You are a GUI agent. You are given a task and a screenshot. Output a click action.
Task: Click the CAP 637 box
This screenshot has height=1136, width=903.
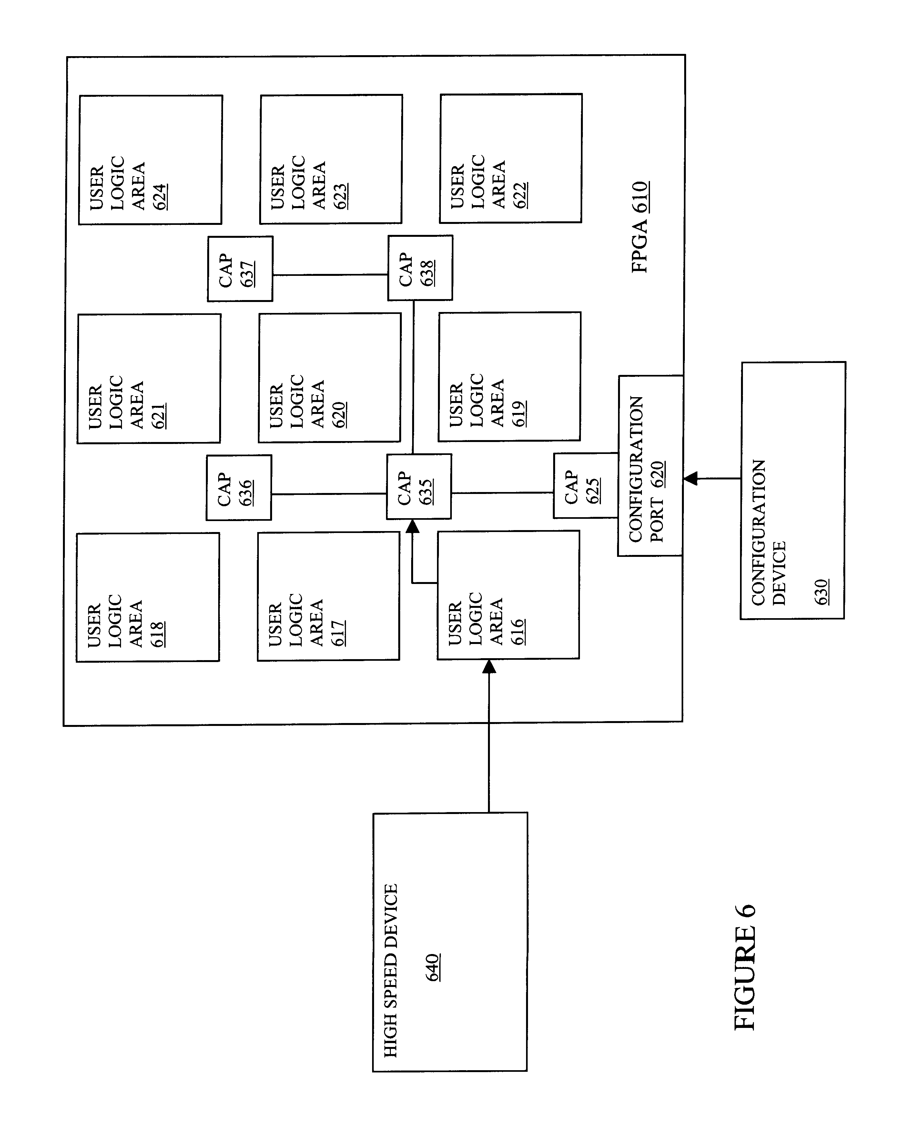(x=240, y=269)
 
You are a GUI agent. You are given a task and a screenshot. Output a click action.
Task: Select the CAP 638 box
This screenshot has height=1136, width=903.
(x=420, y=268)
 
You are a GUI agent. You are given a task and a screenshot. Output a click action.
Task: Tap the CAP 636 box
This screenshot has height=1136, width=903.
(x=239, y=488)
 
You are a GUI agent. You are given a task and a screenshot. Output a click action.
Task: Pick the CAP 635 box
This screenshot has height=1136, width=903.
(x=419, y=486)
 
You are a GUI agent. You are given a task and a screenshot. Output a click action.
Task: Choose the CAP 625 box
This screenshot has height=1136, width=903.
(x=585, y=485)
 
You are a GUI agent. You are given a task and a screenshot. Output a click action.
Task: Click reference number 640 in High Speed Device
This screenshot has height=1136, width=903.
(x=433, y=967)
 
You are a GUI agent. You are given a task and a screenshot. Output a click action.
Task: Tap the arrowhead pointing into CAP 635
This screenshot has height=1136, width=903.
(x=413, y=526)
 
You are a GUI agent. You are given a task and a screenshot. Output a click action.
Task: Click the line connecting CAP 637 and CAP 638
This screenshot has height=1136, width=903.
(x=330, y=275)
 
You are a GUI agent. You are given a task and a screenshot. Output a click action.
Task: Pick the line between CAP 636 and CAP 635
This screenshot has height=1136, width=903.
(x=329, y=494)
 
